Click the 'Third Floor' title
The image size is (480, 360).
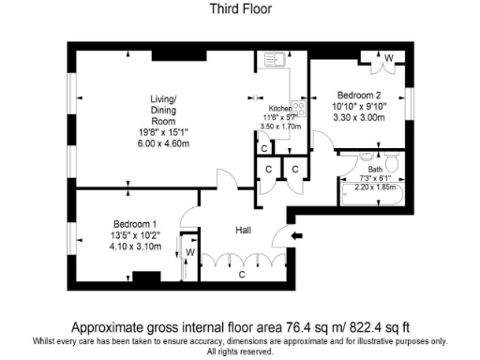239,11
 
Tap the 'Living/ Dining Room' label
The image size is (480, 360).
164,109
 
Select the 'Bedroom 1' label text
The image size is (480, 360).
134,224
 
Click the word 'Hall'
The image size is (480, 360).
243,228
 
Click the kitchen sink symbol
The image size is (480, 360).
274,60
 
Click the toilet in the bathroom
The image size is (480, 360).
393,168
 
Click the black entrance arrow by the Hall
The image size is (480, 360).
297,235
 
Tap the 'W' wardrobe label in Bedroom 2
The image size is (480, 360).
389,58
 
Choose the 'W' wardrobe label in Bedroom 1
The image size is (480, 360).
189,251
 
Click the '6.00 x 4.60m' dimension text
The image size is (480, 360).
164,144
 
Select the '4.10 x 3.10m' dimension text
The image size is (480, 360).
134,247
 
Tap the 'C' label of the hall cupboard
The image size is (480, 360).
241,275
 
